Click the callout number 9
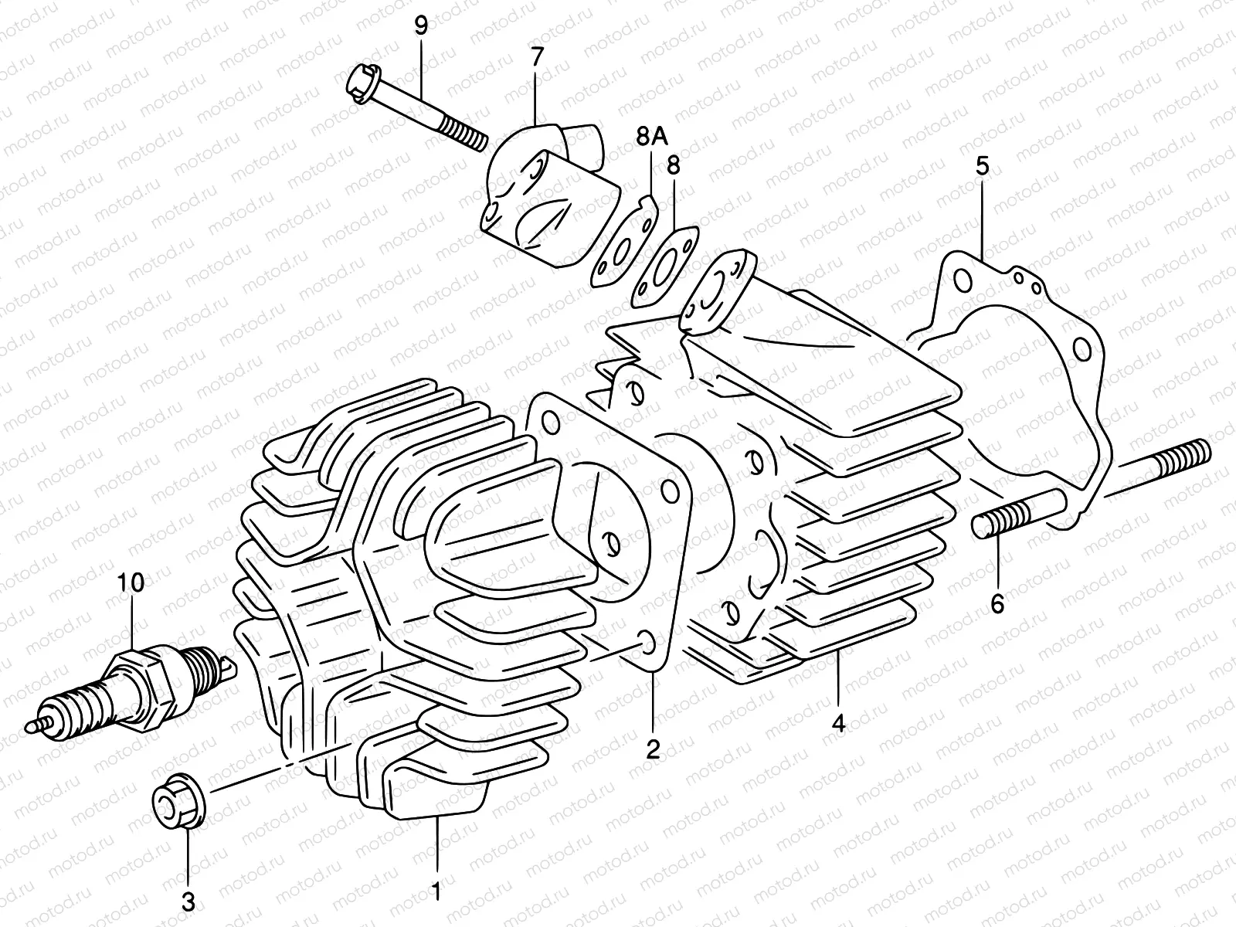click(x=420, y=26)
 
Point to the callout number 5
click(x=981, y=166)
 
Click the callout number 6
click(x=997, y=603)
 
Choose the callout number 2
click(x=653, y=749)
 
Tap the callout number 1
click(x=436, y=891)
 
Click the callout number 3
click(x=188, y=901)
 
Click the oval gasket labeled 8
click(x=664, y=267)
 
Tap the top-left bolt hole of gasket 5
click(x=961, y=282)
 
